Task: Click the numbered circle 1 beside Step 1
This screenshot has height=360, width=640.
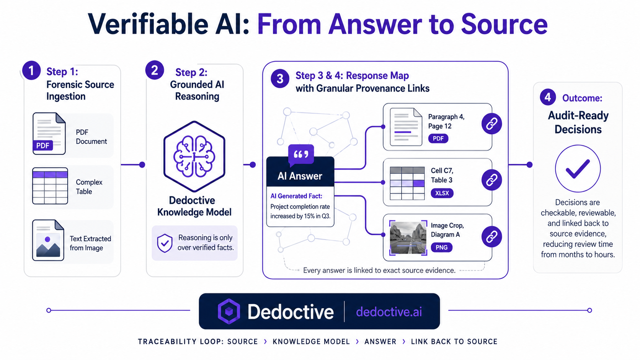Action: [31, 70]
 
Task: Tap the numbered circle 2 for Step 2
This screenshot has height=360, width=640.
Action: [155, 70]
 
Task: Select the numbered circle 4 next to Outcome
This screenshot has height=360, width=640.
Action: [548, 97]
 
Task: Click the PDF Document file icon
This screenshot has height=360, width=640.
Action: [49, 134]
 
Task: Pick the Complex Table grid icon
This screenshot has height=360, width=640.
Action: [50, 186]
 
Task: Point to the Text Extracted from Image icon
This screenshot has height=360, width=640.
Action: [48, 240]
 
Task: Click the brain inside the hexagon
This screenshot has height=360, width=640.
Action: [194, 157]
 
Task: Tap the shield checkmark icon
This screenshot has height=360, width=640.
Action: [165, 243]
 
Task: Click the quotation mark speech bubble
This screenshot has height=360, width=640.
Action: [301, 155]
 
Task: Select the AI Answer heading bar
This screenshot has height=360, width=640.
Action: [300, 172]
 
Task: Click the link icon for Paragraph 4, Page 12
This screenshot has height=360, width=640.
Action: [492, 124]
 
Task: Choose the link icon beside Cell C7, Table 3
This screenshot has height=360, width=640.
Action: [492, 180]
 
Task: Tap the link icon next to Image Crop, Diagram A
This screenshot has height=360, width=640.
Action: [492, 236]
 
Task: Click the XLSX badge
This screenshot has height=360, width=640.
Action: [442, 193]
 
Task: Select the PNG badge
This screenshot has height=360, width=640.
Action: [441, 247]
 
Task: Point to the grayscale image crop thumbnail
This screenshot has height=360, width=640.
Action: [408, 238]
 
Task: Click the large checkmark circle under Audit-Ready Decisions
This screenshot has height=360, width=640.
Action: [578, 168]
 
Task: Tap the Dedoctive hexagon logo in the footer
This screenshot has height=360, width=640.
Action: [229, 311]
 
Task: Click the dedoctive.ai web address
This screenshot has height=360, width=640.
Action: [389, 312]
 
